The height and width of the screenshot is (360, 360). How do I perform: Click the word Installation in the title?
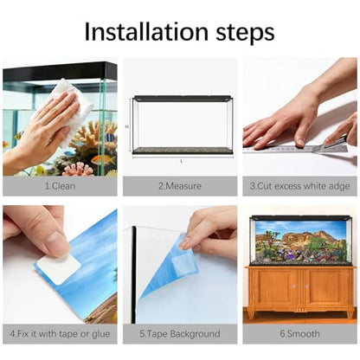point(146,31)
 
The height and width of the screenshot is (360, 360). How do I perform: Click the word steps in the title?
point(246,33)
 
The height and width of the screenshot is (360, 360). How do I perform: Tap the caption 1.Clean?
point(60,186)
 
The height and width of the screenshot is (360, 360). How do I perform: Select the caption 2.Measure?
point(180,186)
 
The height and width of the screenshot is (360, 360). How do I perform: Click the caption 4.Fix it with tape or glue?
point(60,334)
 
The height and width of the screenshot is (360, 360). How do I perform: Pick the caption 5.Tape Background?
point(180,334)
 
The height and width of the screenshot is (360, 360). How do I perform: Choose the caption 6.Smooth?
point(299,334)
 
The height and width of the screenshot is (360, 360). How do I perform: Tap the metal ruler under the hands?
point(297,149)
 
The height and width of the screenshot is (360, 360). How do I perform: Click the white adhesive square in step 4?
point(59,268)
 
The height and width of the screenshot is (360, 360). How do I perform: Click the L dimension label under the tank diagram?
point(182,161)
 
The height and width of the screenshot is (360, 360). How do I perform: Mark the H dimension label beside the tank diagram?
point(126,126)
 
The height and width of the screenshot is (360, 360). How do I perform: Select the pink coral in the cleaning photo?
point(78,170)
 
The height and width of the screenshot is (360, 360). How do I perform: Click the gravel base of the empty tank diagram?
point(183,150)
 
